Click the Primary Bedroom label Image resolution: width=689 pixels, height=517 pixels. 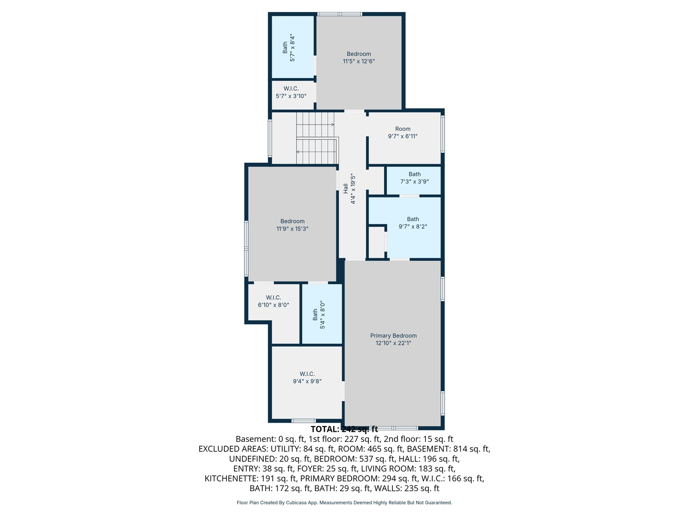coord(393,336)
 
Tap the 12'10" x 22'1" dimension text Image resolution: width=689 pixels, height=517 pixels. coord(393,343)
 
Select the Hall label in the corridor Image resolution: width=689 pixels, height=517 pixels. coord(345,189)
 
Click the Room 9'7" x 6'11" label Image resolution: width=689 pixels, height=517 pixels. coord(403,133)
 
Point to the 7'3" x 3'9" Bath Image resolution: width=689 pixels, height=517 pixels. coord(414,178)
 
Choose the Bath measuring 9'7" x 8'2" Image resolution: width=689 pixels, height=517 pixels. coord(413,223)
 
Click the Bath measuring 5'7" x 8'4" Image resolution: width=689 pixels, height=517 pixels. coord(289,47)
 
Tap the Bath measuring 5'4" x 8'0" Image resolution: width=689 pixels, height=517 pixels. coord(319,314)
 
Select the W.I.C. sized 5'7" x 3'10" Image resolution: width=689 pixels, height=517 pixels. coord(291,92)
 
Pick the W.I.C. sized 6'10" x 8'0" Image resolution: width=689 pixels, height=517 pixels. coord(274,301)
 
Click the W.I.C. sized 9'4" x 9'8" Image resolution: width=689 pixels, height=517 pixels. coord(307,378)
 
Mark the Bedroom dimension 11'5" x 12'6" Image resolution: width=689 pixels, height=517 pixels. coord(359,61)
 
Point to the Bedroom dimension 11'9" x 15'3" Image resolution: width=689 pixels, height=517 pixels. coord(292,229)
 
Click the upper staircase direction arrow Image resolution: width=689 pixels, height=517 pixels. coord(332,124)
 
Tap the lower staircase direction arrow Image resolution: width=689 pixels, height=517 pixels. coord(298,152)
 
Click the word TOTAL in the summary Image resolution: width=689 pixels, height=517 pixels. coord(325,429)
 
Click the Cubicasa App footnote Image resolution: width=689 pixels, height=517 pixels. coord(344,503)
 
